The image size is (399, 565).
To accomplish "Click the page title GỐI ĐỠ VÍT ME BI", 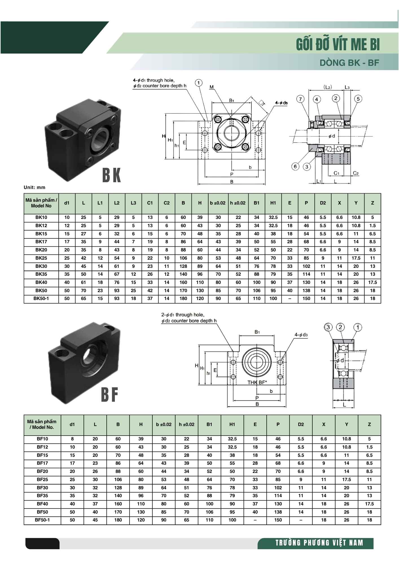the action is pos(338,44).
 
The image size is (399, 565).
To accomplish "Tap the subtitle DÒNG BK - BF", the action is pos(349,63).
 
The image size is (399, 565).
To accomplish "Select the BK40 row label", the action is pos(41,282).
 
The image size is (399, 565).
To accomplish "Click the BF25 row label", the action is pos(42,479).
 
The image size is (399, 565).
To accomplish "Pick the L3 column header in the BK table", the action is pos(133,203).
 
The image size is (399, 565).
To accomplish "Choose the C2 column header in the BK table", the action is pos(167,203).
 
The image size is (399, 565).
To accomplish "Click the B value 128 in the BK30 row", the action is pos(183,266).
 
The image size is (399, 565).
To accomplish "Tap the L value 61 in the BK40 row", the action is pos(84,282).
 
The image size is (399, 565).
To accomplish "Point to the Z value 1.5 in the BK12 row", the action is pos(372,226).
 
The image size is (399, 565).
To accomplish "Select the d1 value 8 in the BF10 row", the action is pos(72,439).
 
